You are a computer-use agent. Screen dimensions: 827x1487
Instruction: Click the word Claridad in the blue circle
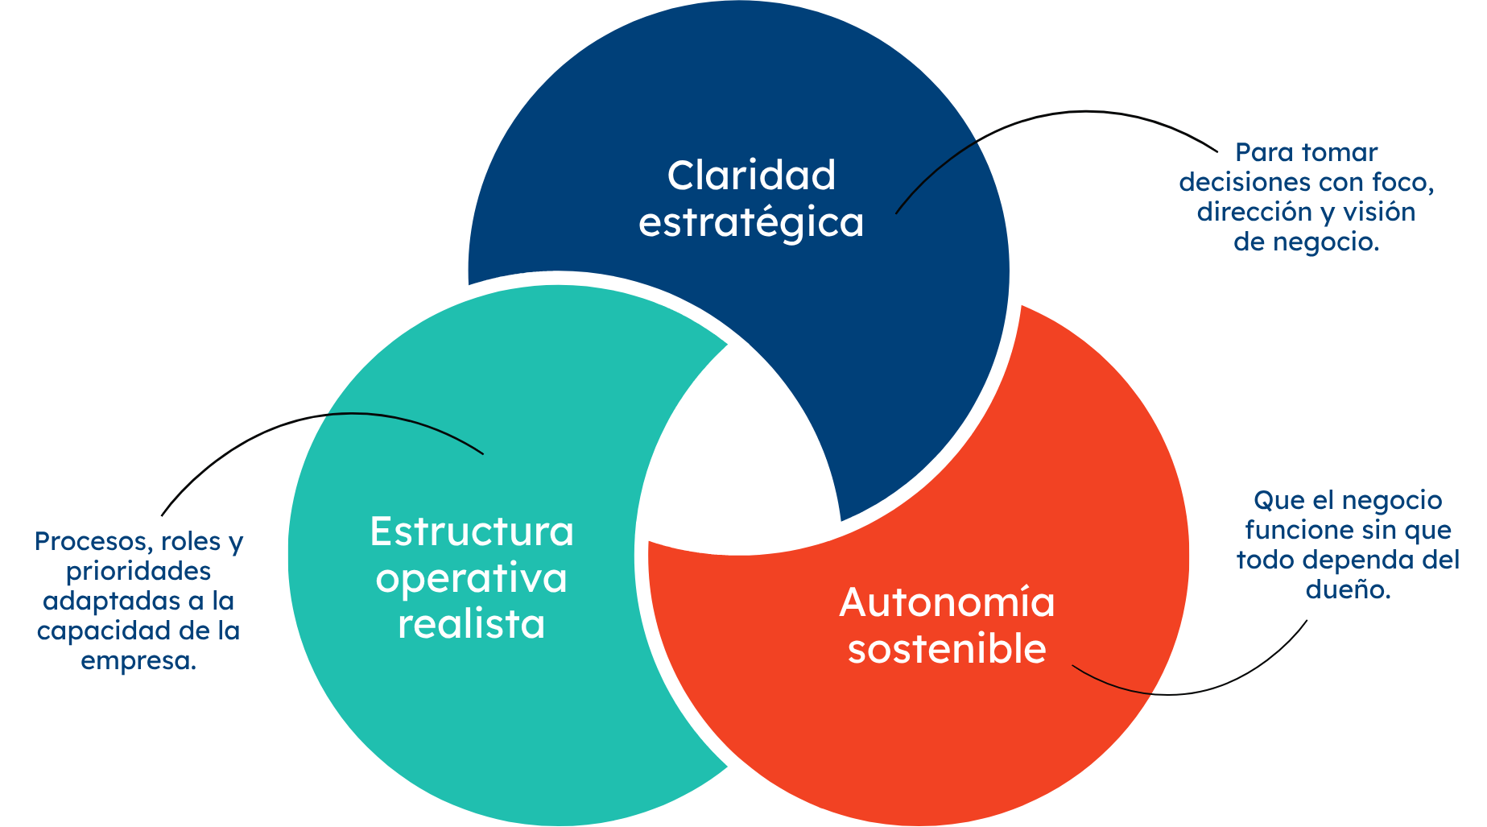[751, 176]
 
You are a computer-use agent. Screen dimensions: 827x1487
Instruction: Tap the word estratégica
[751, 223]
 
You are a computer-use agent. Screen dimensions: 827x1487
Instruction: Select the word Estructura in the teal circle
[472, 532]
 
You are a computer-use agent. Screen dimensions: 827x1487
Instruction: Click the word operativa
[472, 579]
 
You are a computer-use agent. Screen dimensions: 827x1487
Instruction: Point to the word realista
[472, 625]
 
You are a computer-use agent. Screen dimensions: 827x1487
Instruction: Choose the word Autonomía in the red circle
[947, 603]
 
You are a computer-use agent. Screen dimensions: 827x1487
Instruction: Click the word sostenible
[947, 649]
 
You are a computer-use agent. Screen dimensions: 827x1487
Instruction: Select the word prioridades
[138, 572]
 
